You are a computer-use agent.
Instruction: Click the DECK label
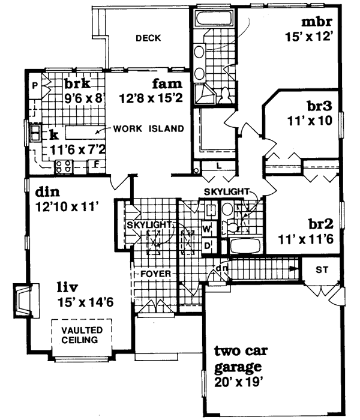click(148, 38)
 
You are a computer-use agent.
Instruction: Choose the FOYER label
click(157, 274)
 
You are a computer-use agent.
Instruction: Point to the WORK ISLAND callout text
click(148, 128)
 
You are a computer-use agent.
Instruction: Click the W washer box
click(206, 229)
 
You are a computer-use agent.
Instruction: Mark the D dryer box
click(206, 245)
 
